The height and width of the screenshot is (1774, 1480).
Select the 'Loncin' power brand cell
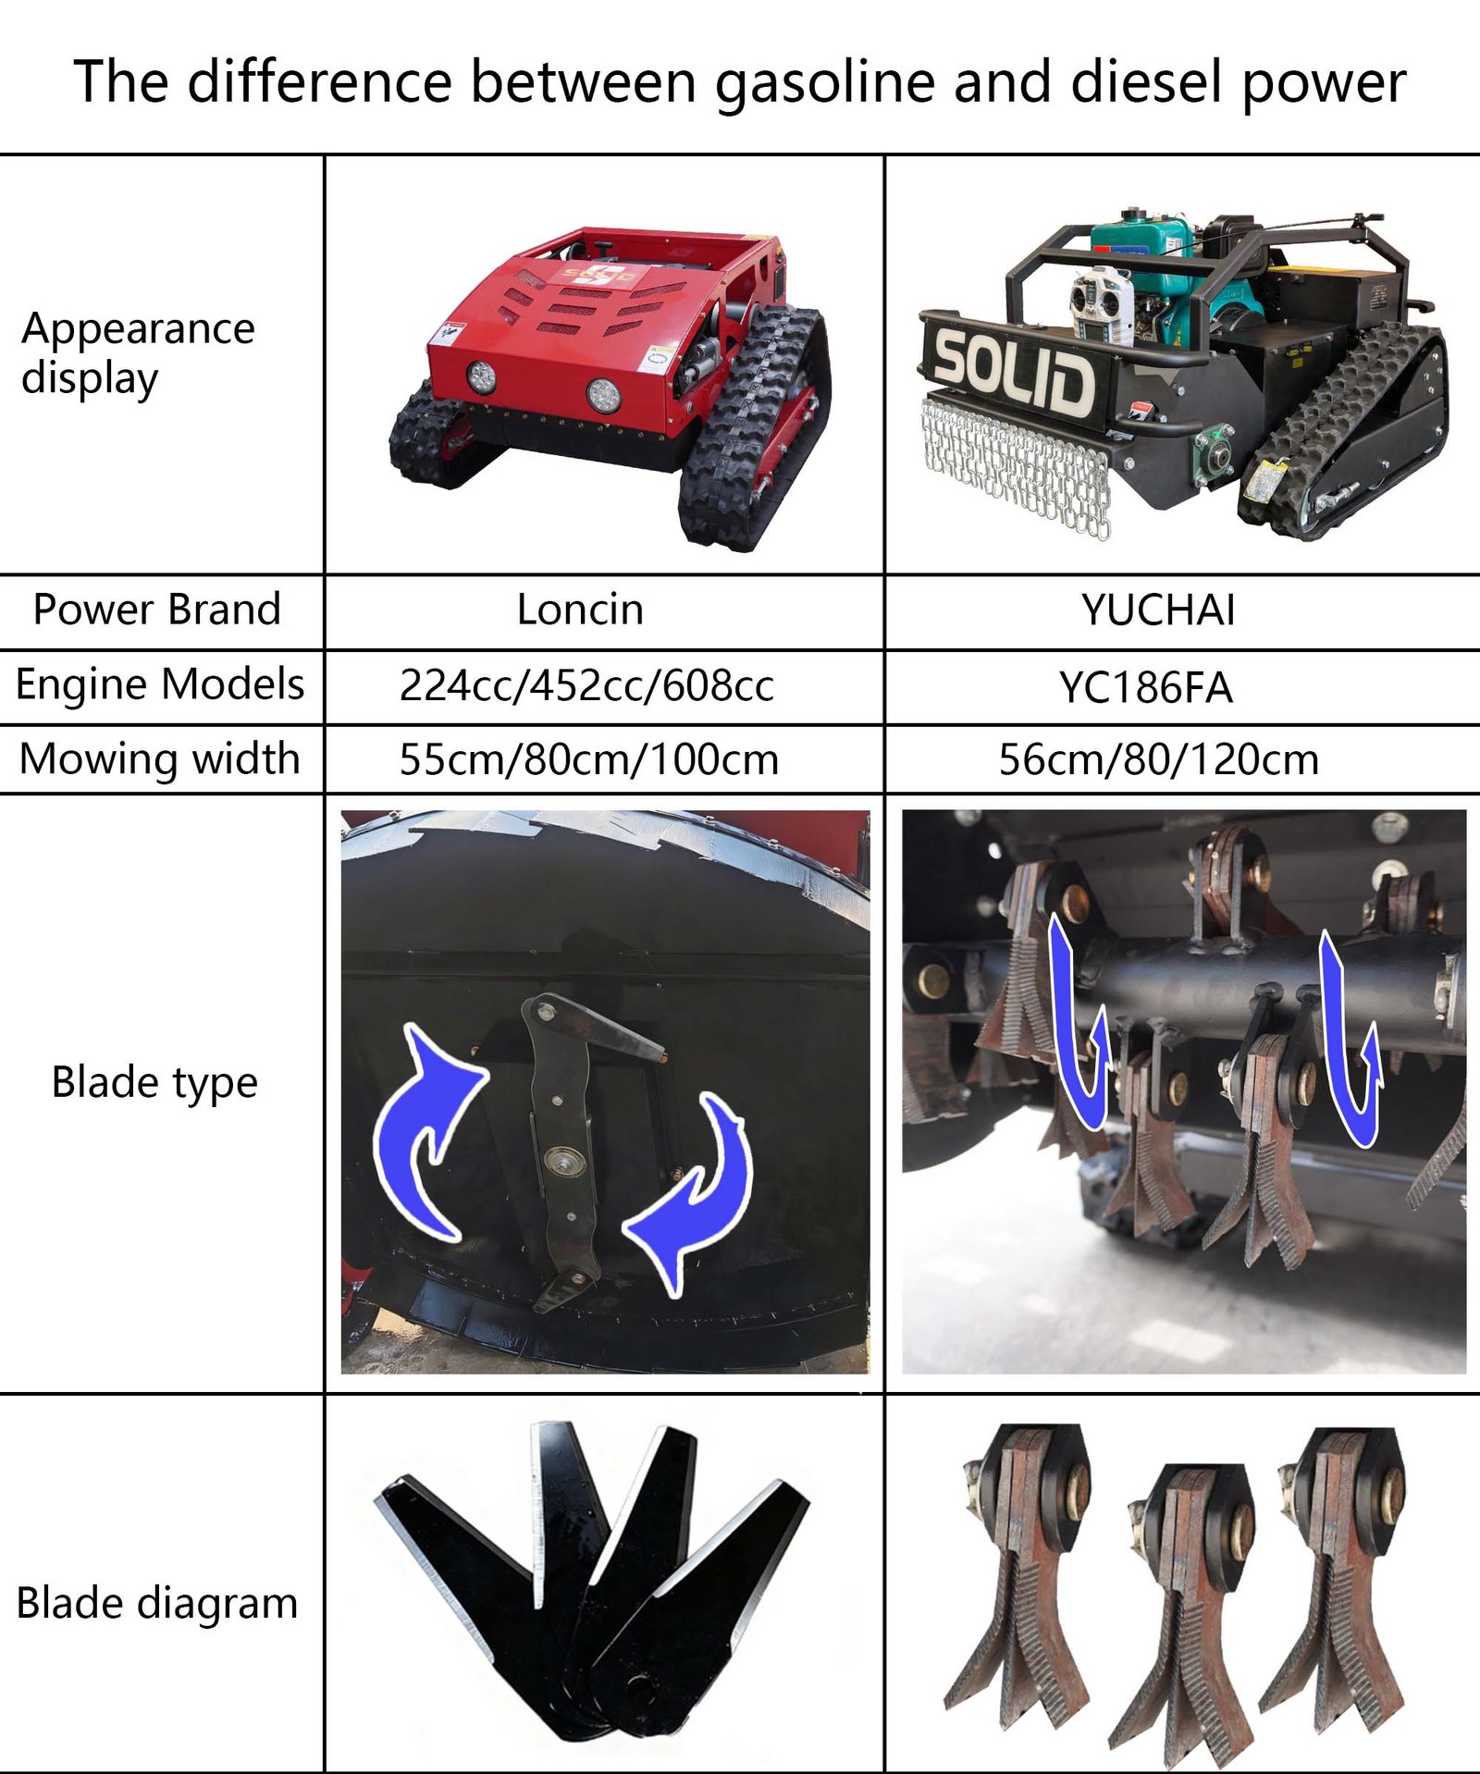(x=580, y=610)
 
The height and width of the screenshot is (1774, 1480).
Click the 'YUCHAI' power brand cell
(x=1158, y=610)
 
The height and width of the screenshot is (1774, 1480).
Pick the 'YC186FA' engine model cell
(x=1145, y=687)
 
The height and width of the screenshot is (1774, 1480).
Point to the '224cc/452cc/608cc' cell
(x=586, y=686)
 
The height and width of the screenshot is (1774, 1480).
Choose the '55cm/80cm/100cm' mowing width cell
(x=589, y=759)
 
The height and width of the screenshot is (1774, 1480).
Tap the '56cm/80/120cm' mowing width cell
(x=1158, y=759)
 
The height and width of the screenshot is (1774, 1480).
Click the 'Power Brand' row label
(x=156, y=610)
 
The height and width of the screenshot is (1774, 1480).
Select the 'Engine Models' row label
(x=160, y=684)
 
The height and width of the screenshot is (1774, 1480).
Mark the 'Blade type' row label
(x=154, y=1083)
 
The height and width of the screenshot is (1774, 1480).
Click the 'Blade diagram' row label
(x=157, y=1603)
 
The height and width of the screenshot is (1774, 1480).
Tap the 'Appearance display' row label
(x=138, y=353)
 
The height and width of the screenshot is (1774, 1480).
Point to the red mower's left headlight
(x=480, y=376)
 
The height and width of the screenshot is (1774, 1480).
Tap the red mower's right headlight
(x=603, y=395)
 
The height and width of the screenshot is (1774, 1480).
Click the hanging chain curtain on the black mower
(x=1015, y=467)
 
